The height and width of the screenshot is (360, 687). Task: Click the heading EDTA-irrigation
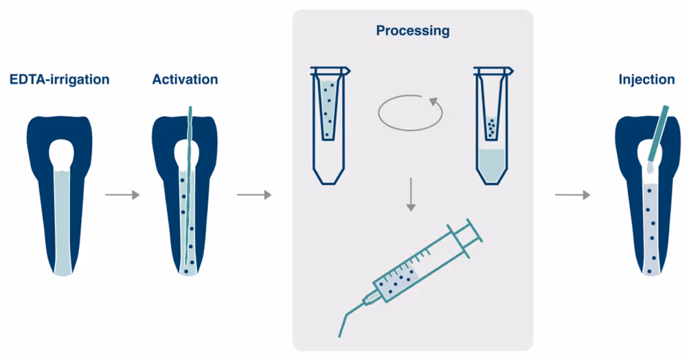point(59,80)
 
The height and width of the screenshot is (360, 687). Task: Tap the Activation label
point(185,80)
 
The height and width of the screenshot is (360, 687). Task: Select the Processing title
point(412,31)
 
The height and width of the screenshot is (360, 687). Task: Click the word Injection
point(646,80)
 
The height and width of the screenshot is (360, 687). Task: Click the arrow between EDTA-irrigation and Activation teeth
point(122,195)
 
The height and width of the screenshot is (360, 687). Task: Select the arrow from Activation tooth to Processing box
point(254,195)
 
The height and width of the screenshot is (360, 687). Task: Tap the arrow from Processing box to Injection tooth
point(572,195)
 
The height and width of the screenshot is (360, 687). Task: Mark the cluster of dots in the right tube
point(491,126)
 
